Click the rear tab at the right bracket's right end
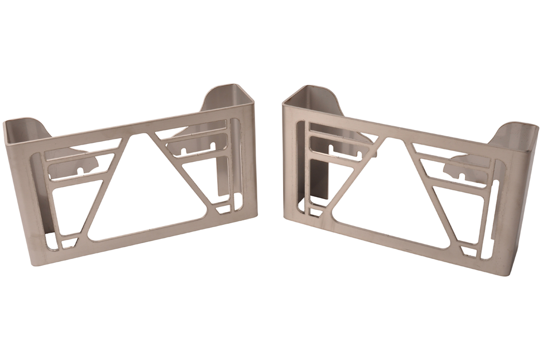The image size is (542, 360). (516, 134)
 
